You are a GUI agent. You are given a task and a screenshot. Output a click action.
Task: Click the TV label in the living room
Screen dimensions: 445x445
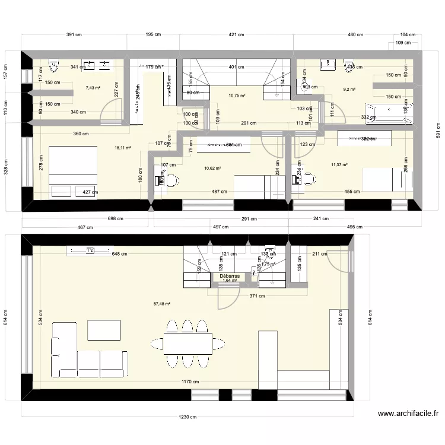click(90, 250)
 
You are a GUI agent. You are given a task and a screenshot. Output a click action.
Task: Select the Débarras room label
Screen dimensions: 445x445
click(229, 276)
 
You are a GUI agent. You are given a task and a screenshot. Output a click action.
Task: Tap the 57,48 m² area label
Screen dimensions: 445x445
click(162, 304)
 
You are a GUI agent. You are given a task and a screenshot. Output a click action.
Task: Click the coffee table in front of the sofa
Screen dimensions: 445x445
click(104, 330)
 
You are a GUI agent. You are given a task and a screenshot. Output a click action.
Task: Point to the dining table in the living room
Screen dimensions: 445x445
click(188, 343)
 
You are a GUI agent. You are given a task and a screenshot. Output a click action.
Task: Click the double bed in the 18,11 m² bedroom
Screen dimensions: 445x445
click(72, 166)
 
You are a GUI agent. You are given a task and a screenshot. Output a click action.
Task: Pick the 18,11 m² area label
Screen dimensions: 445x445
click(123, 148)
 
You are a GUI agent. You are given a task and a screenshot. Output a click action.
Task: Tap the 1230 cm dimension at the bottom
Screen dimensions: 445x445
click(189, 417)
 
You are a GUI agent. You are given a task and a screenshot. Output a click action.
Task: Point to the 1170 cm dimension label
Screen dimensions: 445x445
click(190, 382)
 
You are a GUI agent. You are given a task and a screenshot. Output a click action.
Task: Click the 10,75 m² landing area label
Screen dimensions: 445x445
click(237, 96)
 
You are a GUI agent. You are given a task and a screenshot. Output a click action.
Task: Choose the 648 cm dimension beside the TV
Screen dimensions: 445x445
click(120, 254)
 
